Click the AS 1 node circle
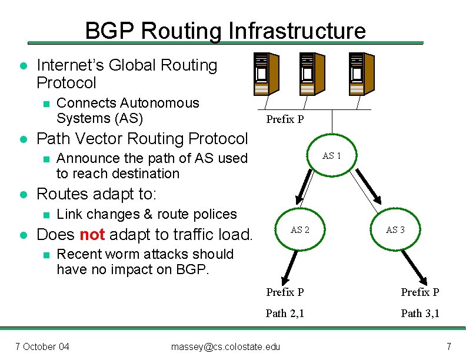click(x=332, y=156)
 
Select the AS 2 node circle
click(x=300, y=230)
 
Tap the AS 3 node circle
click(x=395, y=230)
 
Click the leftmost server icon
click(x=261, y=73)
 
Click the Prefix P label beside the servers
click(x=285, y=119)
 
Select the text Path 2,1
click(x=285, y=314)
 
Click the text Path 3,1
click(x=420, y=314)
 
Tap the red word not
click(x=92, y=235)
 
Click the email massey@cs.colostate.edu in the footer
click(x=225, y=346)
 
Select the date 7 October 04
click(x=42, y=346)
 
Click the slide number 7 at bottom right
click(x=448, y=346)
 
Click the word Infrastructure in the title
click(x=297, y=31)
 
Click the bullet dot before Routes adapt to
click(x=22, y=194)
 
